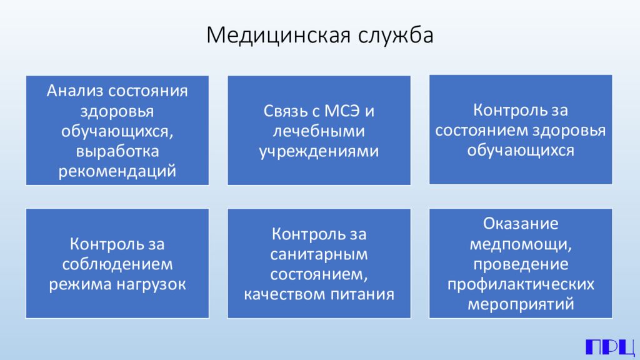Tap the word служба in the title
coord(396,36)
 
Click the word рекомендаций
coord(117,171)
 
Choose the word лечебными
coord(319,131)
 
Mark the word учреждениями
coord(319,151)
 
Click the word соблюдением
coord(117,264)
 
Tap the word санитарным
coord(319,254)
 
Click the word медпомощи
coord(521,244)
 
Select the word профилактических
coord(521,284)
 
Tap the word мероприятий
coord(521,304)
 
